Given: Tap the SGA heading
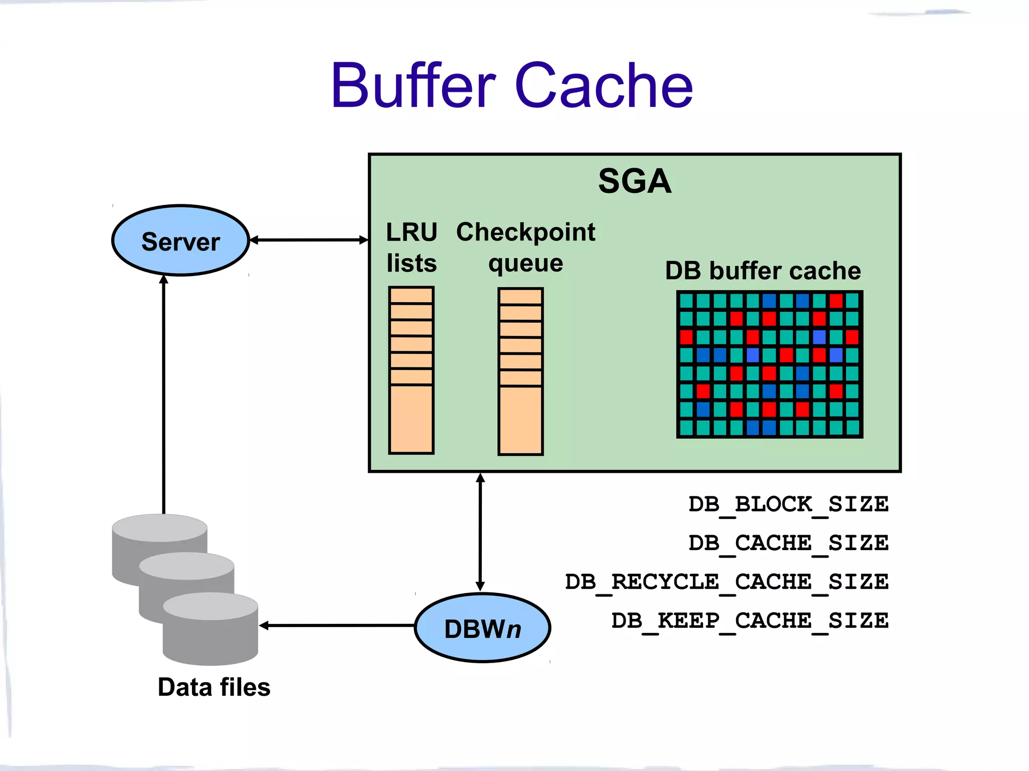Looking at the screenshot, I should tap(635, 181).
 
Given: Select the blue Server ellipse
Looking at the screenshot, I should tap(180, 241).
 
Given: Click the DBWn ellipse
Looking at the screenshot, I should tap(482, 628).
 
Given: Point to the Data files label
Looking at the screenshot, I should tap(214, 687).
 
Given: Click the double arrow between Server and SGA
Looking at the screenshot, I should tap(309, 240).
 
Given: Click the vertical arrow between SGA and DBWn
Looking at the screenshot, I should tap(480, 532).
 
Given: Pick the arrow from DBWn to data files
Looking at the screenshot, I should tap(337, 625).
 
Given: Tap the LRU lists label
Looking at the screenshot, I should tap(411, 247).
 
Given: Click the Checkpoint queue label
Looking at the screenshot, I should tap(526, 247).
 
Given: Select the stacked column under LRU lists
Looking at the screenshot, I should tap(411, 370).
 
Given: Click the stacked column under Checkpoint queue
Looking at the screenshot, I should tap(521, 371).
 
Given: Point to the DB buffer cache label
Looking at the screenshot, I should tap(763, 271).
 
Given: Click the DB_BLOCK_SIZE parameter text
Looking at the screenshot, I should tap(788, 504).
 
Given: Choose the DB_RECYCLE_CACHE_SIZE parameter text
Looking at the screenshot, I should tap(727, 582).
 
